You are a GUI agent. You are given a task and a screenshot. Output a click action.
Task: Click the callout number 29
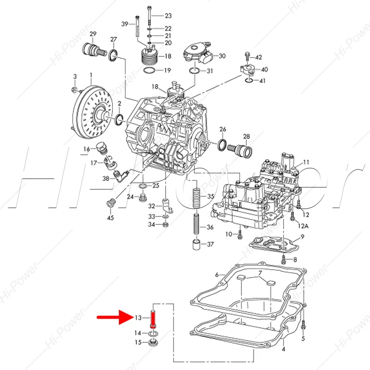tap(92, 34)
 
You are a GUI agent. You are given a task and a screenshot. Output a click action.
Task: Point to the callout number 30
tap(222, 56)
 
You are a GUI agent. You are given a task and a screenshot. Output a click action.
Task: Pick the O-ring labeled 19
tap(149, 70)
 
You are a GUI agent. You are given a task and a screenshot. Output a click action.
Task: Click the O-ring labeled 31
tap(194, 71)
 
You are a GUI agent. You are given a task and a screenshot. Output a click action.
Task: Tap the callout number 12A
tap(303, 226)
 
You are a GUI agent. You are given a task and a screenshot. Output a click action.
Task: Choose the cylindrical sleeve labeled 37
tap(196, 244)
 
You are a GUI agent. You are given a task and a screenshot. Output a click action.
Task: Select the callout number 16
tap(86, 149)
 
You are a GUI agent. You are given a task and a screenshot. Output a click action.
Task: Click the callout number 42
tap(259, 57)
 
